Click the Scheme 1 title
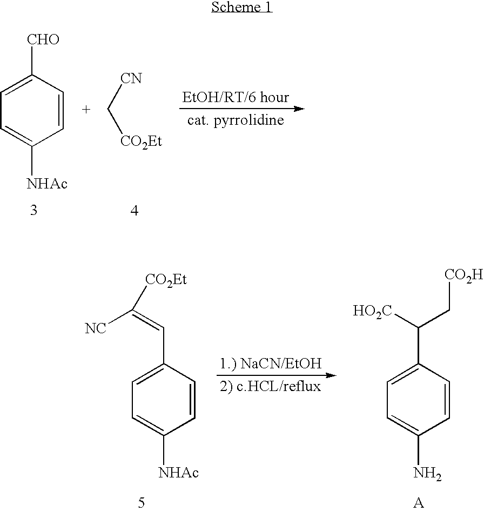pos(241,8)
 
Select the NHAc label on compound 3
pos(47,184)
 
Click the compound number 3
pos(33,211)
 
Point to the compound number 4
pos(134,211)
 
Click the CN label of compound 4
pos(131,79)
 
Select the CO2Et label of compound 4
pos(140,143)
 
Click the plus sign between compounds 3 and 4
pos(86,110)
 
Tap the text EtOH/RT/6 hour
pos(236,98)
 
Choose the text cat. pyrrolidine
pos(236,120)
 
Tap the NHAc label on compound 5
pos(178,473)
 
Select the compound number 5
pos(142,502)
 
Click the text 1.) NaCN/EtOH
pos(271,364)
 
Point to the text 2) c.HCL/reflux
pos(271,387)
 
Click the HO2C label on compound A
pos(372,311)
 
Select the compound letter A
pos(418,502)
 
